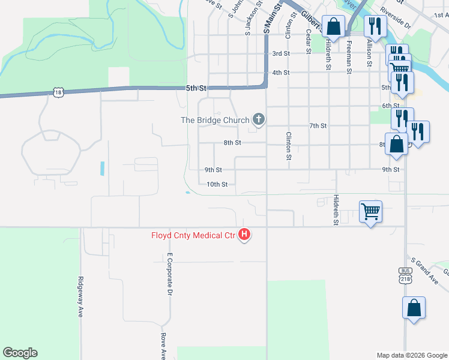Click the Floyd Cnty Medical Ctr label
193,235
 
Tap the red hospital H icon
244,235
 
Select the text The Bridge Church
215,120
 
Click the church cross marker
259,119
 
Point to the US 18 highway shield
58,92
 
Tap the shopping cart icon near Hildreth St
371,211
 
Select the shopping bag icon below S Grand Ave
414,308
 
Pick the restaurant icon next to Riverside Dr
375,26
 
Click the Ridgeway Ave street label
80,297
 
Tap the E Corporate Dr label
170,274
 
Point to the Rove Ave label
163,346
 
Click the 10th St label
217,185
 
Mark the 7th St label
318,125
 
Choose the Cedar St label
308,41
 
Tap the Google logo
20,353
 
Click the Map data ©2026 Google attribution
411,355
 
